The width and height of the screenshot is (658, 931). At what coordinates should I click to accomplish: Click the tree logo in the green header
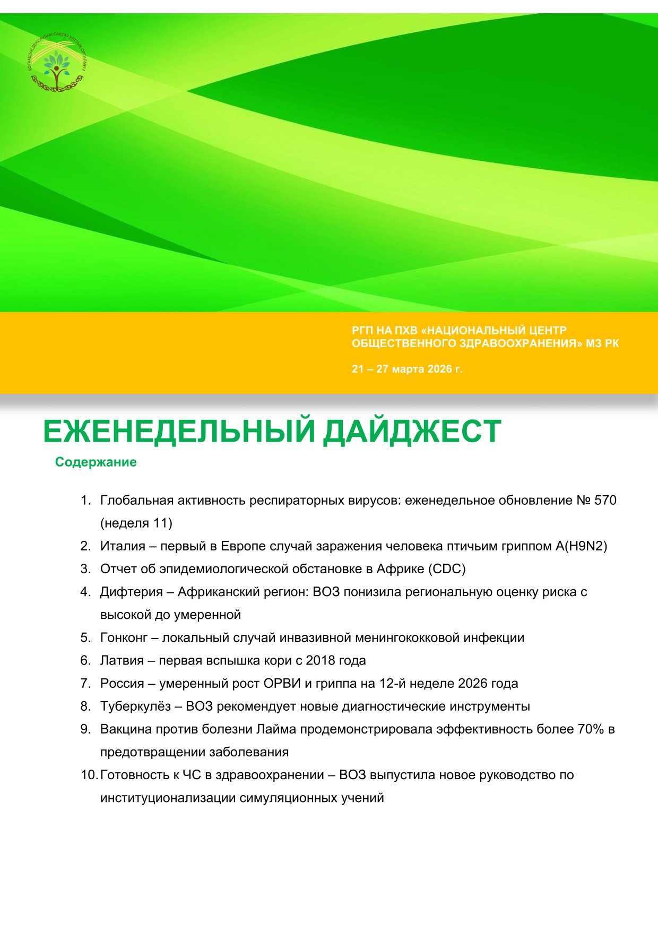point(56,65)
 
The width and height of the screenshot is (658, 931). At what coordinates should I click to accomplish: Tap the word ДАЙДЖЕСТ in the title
point(412,432)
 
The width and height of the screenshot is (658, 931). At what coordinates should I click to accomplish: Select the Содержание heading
point(96,462)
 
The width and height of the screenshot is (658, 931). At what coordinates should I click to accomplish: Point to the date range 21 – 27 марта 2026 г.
point(407,369)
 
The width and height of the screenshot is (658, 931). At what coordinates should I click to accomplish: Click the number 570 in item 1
point(605,501)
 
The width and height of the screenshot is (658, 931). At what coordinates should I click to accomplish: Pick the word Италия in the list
point(123,546)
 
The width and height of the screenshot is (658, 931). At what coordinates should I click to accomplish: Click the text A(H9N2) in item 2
point(581,546)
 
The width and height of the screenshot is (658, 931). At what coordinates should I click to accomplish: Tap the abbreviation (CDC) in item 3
point(448,569)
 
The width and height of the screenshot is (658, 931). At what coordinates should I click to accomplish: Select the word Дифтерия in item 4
point(131,592)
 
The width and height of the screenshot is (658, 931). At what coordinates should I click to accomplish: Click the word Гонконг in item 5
point(124,637)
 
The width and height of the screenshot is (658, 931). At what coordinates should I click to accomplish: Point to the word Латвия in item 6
point(122,660)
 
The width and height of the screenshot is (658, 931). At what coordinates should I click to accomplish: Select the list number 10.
point(88,775)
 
